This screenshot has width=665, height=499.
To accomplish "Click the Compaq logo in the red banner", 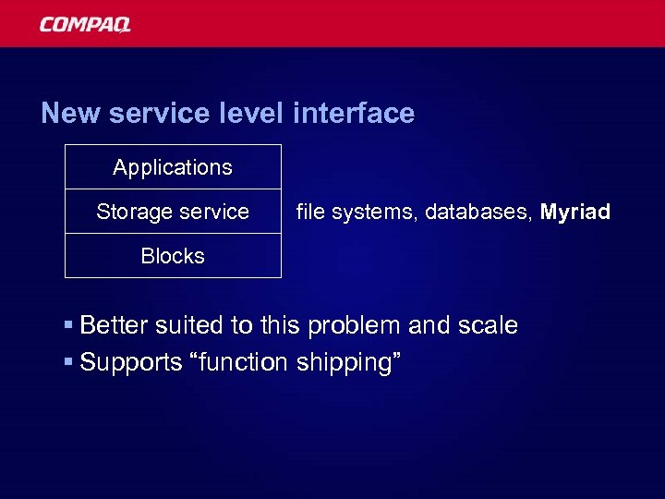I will [x=85, y=24].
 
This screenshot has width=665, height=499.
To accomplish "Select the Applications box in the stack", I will [x=173, y=167].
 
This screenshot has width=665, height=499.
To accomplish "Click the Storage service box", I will [x=173, y=212].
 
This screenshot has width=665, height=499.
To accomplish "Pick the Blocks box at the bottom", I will [x=173, y=256].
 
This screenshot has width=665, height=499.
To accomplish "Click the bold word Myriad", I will [x=575, y=213].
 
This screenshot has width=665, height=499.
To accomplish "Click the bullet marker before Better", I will [x=69, y=326].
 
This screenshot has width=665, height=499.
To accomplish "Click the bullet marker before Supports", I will [x=69, y=363].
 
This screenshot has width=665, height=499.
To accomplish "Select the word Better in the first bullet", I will [x=112, y=326].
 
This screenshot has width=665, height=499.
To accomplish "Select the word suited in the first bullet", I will [x=179, y=326].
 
